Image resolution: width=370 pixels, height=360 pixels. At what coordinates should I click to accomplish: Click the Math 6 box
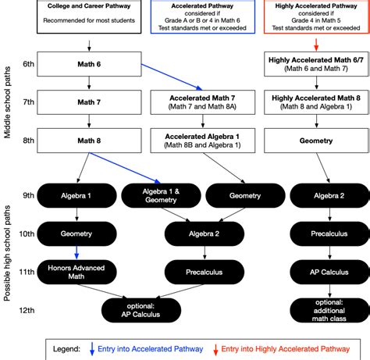tap(89, 64)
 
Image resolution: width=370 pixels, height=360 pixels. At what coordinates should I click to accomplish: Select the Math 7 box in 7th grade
tap(89, 102)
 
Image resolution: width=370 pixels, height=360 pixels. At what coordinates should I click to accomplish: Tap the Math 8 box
tap(89, 141)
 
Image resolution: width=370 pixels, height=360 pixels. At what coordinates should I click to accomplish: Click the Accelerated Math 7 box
tap(203, 102)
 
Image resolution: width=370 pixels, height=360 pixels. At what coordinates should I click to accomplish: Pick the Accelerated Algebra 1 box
tap(203, 141)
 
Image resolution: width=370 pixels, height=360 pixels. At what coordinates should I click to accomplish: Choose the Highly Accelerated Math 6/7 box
tap(316, 64)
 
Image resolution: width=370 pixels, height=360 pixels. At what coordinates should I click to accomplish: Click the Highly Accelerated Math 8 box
tap(316, 102)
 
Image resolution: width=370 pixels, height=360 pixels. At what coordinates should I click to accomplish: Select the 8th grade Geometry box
tap(316, 141)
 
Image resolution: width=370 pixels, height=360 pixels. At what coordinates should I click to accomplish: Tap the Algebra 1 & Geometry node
tap(161, 195)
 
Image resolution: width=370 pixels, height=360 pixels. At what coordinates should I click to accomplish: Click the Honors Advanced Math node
tap(76, 272)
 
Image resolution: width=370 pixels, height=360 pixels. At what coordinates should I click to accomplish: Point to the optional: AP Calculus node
tap(141, 310)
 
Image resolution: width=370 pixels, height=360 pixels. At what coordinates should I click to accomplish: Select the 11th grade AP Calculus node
tap(329, 272)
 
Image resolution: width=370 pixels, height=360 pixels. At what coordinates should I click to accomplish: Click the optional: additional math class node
tap(329, 310)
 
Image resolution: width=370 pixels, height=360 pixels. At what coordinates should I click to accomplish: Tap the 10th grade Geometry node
tap(76, 233)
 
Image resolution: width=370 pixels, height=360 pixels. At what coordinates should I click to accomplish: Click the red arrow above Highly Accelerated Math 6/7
tap(316, 45)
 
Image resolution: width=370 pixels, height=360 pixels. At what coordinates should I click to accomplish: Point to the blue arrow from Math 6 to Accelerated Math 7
tap(172, 77)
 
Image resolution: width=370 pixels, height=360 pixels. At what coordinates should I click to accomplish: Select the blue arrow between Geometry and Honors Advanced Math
tap(76, 253)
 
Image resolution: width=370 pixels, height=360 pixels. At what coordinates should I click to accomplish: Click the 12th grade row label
tap(27, 310)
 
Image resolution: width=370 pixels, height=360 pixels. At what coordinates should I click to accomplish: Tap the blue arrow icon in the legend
tap(92, 349)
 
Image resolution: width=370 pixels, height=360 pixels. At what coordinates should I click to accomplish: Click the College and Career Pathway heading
tap(89, 6)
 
